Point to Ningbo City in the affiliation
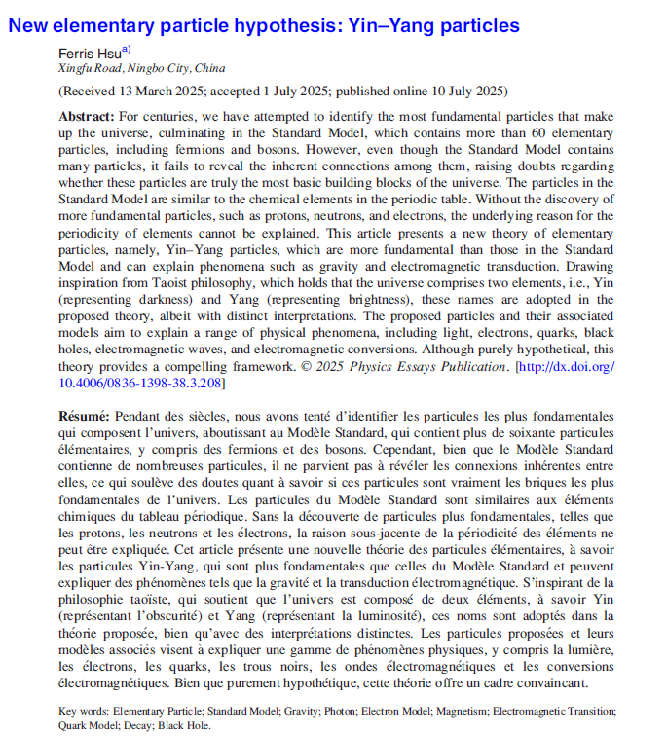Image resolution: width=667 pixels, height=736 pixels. click(155, 69)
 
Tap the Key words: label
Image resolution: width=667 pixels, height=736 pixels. click(84, 711)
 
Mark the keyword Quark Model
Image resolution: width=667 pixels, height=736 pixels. click(85, 725)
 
